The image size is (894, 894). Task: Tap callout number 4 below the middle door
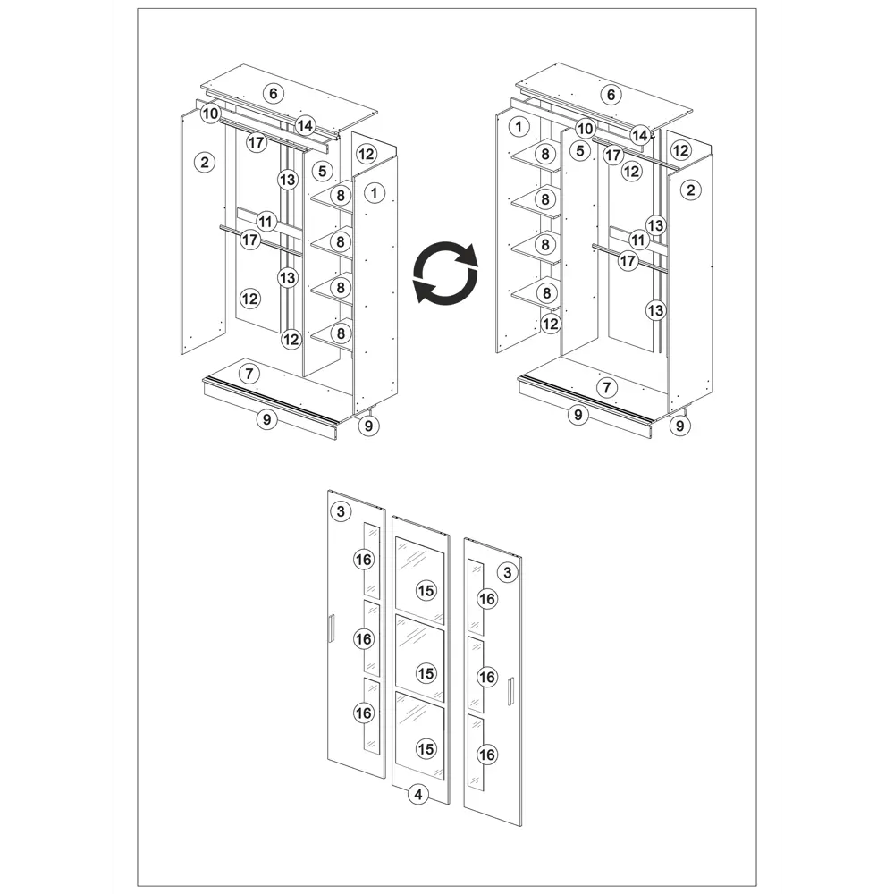(418, 794)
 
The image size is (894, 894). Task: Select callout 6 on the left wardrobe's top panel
(274, 94)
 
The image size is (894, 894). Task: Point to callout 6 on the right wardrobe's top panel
(611, 95)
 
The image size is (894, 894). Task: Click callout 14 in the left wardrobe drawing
(305, 125)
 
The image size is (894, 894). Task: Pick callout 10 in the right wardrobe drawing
(585, 129)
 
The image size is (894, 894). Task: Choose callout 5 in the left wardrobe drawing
(323, 171)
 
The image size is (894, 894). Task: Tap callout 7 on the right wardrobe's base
(607, 388)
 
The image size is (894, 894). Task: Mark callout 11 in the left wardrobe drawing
(266, 221)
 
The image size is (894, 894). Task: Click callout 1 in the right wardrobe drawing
(519, 127)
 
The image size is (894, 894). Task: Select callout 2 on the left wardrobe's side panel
(205, 163)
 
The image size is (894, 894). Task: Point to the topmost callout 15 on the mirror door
(426, 591)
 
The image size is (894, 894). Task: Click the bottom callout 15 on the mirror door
(426, 748)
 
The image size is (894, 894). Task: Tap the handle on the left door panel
(331, 629)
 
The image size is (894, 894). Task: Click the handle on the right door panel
(511, 690)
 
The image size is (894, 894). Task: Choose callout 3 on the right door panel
(508, 572)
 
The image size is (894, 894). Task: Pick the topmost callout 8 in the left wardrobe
(341, 196)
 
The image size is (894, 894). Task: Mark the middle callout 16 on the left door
(363, 639)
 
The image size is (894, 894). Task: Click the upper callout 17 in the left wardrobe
(257, 142)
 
